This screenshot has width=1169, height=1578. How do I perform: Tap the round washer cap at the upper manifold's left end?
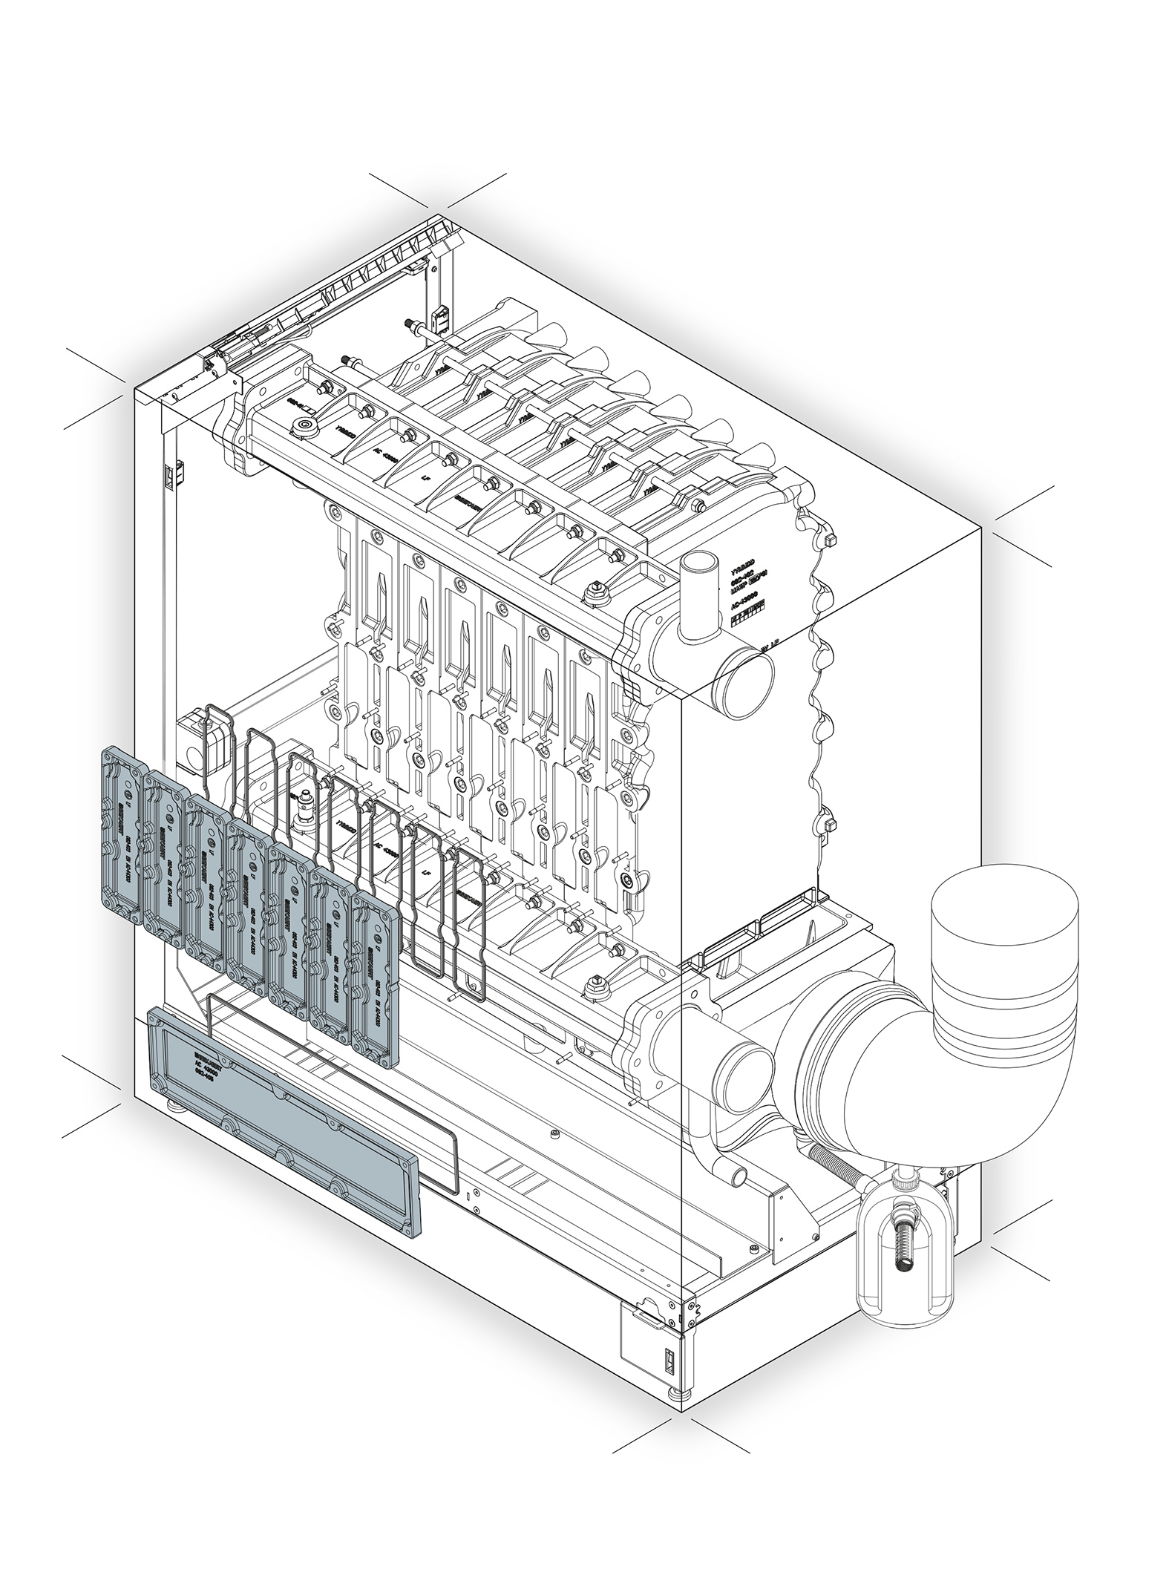(x=304, y=427)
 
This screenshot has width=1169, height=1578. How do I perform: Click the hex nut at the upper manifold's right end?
(x=595, y=593)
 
